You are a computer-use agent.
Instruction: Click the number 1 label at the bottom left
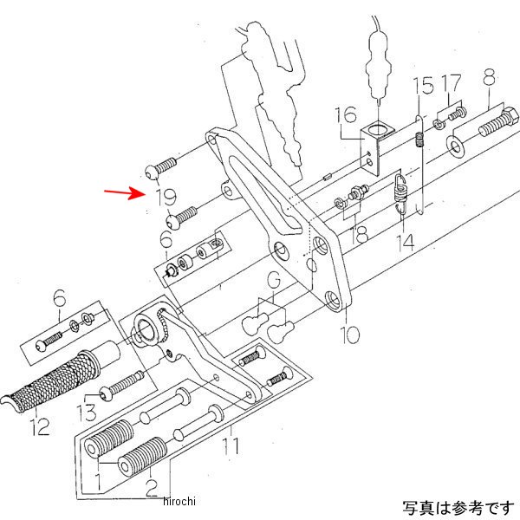[99, 479]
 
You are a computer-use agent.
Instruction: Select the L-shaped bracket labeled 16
[376, 143]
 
